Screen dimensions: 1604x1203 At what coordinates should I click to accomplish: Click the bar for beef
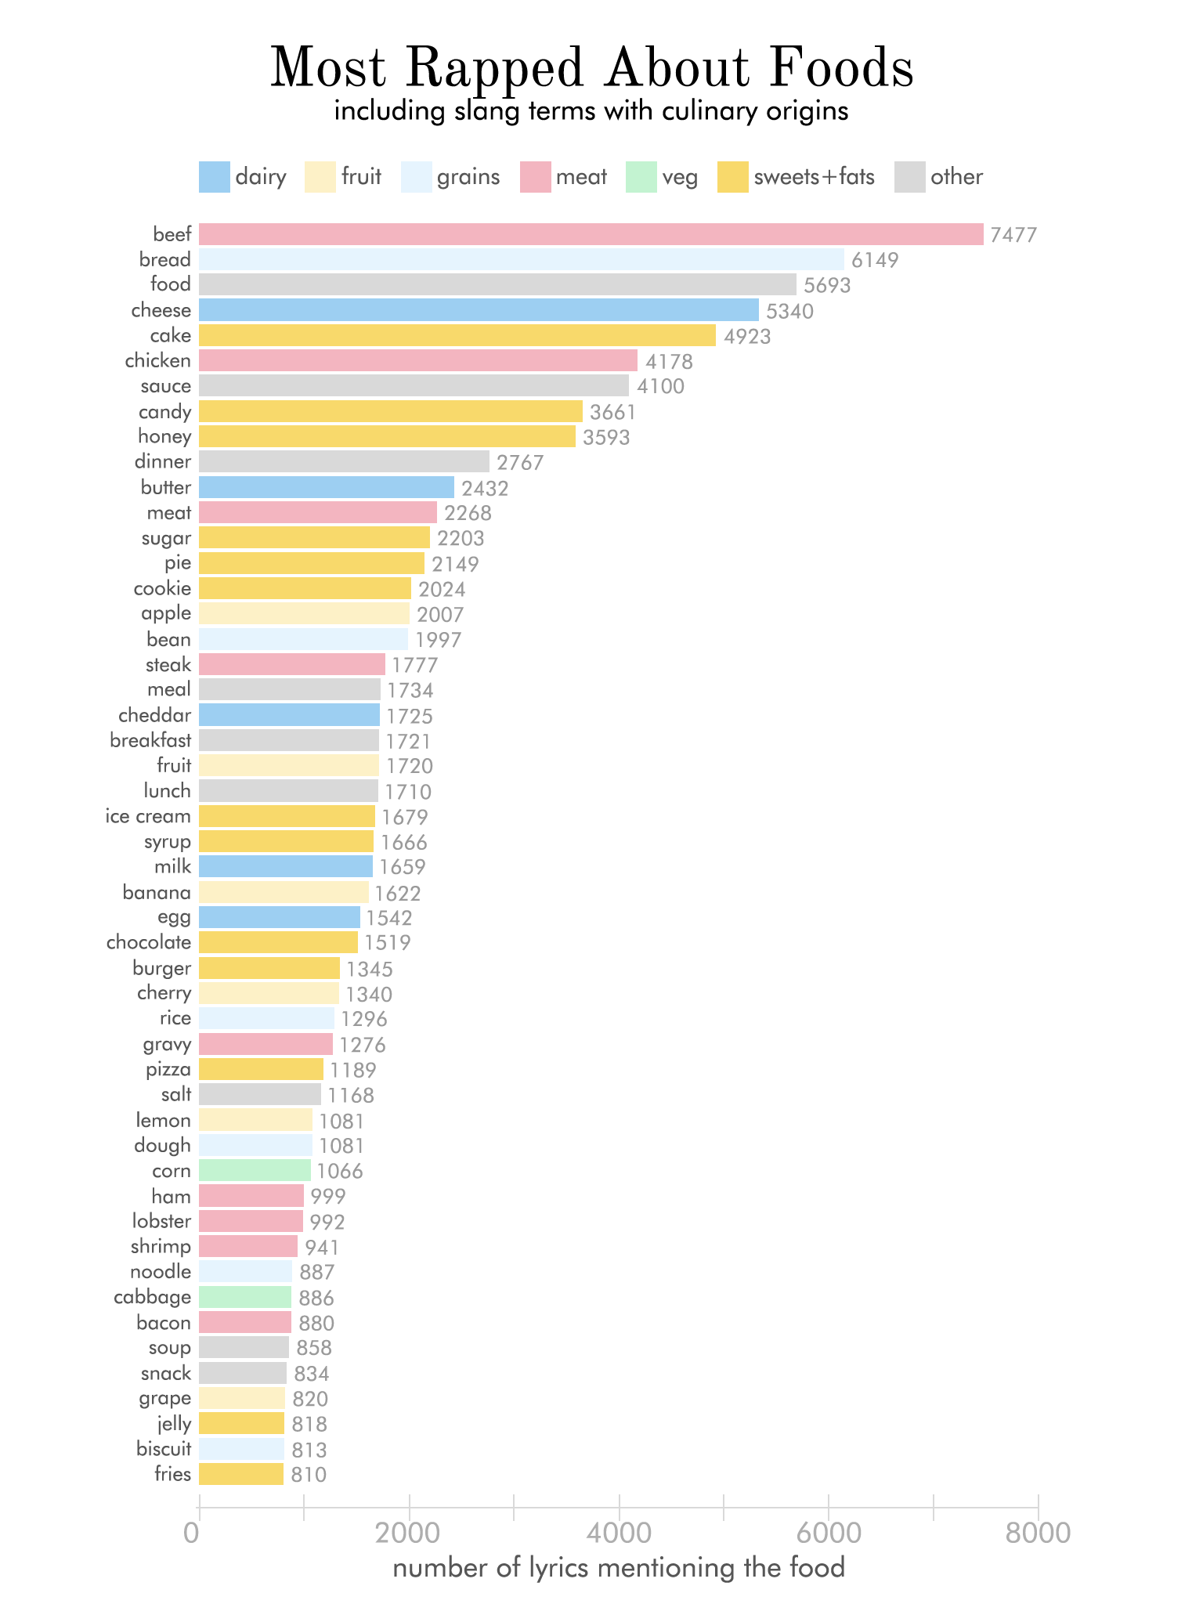(x=591, y=234)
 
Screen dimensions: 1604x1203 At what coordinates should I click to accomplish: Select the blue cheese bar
(x=479, y=310)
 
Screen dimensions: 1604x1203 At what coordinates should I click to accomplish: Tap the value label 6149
(x=875, y=260)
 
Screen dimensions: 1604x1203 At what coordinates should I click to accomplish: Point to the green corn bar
(x=255, y=1171)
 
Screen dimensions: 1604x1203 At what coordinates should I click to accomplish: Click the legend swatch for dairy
(x=215, y=177)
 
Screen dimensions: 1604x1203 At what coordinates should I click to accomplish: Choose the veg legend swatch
(x=641, y=177)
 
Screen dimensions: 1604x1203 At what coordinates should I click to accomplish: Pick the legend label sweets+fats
(x=814, y=177)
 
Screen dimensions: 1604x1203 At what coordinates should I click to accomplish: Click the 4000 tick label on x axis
(x=619, y=1533)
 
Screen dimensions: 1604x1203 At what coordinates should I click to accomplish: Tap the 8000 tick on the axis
(x=1038, y=1533)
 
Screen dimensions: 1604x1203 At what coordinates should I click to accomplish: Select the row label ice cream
(x=148, y=817)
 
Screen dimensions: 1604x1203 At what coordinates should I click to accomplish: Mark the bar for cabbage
(x=245, y=1298)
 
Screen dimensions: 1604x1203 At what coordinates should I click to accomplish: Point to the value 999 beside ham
(x=328, y=1197)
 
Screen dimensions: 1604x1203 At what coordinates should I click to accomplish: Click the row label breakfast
(x=150, y=741)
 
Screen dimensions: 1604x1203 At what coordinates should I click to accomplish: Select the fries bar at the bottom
(x=241, y=1475)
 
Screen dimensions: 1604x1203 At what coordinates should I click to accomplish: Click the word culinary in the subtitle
(x=710, y=111)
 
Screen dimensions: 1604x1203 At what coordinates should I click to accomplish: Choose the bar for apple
(x=304, y=613)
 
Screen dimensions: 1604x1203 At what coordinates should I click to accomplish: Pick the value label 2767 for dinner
(x=520, y=462)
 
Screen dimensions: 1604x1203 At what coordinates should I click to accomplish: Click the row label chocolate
(x=149, y=943)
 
